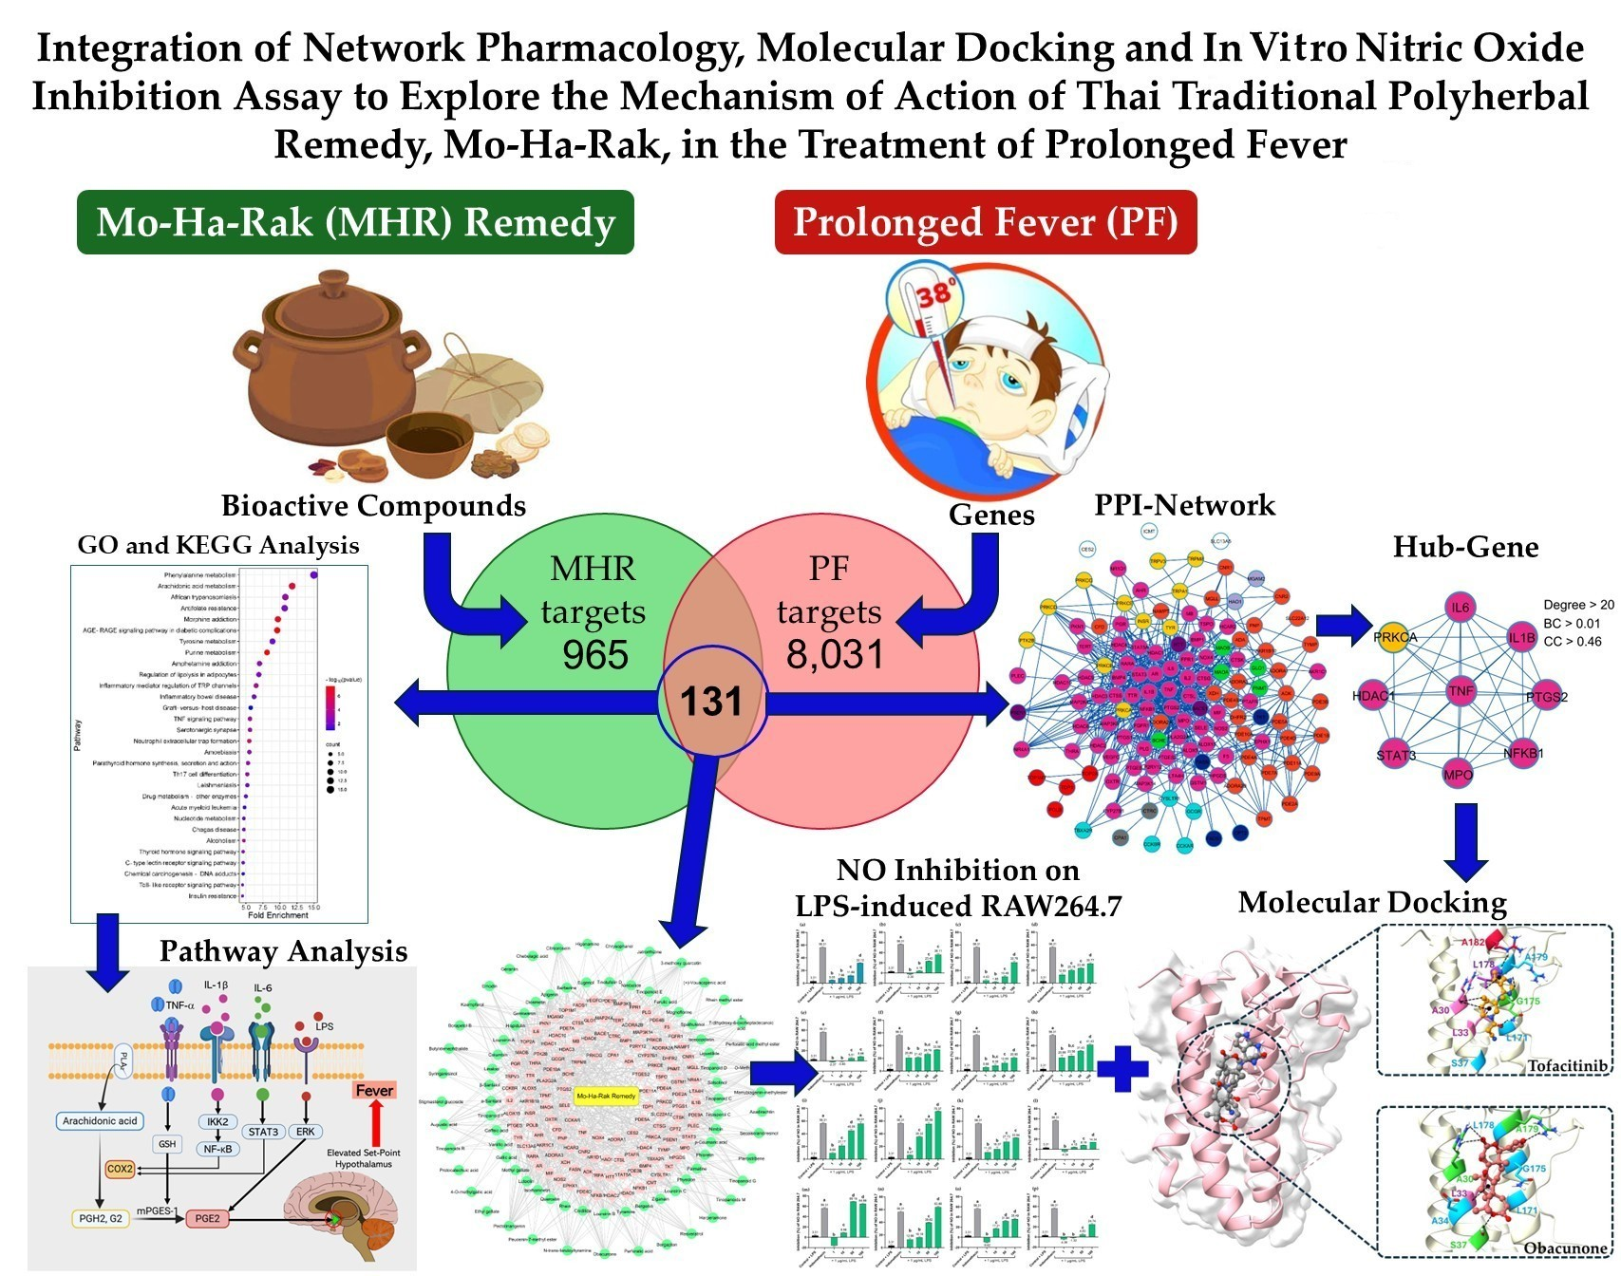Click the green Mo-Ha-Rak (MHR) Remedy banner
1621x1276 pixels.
(x=355, y=222)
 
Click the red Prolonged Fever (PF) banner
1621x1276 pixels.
(x=985, y=222)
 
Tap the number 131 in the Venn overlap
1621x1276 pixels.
(x=711, y=701)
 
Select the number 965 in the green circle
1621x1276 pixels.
(x=594, y=655)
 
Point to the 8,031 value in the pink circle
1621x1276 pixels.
(x=834, y=654)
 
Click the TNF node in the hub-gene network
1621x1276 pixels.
(x=1461, y=692)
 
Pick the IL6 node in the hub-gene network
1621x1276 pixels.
(x=1460, y=608)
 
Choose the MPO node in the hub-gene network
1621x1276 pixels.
(x=1458, y=775)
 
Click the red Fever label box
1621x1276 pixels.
(x=373, y=1091)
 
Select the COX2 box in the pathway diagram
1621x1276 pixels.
(x=121, y=1169)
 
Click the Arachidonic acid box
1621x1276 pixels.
(x=100, y=1121)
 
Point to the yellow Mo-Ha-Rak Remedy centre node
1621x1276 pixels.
(x=606, y=1097)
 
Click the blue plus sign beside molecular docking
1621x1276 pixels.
(x=1122, y=1070)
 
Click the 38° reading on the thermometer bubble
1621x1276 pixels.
(x=934, y=292)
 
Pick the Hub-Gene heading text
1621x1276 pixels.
(x=1465, y=547)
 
